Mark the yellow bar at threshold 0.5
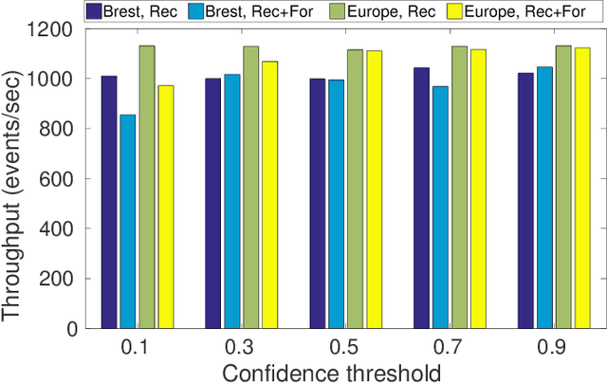coord(375,190)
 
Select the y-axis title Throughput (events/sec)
coord(14,178)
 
